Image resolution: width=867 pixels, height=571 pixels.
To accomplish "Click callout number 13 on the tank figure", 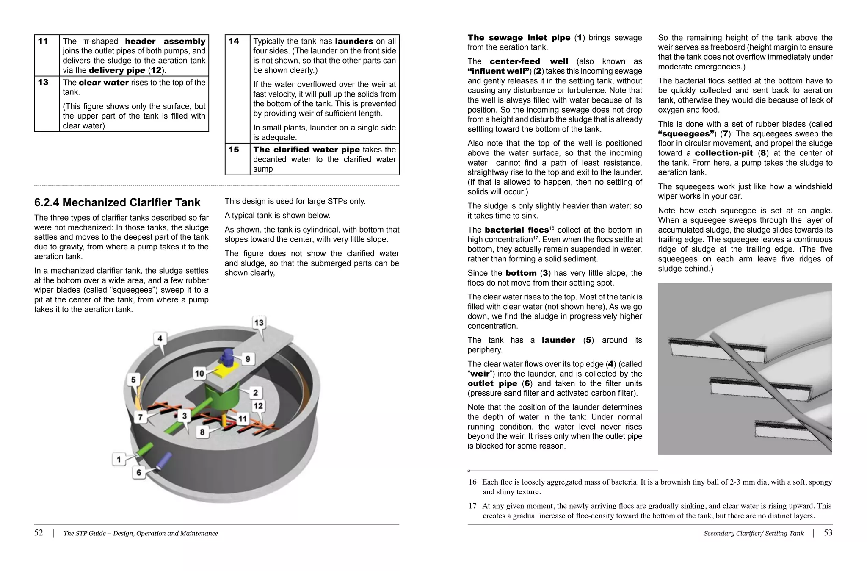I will coord(259,323).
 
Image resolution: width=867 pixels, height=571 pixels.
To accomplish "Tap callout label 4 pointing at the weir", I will coord(160,338).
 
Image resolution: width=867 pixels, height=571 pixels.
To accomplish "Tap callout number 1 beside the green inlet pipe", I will coord(119,459).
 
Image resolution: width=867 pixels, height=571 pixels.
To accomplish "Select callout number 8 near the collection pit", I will coord(202,432).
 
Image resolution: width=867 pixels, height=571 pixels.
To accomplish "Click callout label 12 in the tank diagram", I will coord(258,406).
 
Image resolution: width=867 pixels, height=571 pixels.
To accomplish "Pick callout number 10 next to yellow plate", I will coord(199,373).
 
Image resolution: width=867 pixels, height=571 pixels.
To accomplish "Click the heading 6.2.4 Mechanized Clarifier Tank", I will coord(117,202).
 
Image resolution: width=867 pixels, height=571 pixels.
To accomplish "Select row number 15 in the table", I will coord(234,150).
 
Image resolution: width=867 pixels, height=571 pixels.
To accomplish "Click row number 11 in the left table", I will coord(43,41).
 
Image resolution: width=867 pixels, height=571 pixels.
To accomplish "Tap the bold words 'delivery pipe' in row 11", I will coord(117,70).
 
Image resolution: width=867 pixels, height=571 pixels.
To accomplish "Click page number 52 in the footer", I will coord(39,533).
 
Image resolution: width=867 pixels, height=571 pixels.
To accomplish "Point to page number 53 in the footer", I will coord(828,533).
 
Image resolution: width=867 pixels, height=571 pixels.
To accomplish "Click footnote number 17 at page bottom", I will coord(472,506).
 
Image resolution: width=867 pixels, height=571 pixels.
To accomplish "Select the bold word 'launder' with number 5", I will coord(558,340).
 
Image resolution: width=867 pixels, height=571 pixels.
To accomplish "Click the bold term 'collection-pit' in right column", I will coord(724,153).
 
